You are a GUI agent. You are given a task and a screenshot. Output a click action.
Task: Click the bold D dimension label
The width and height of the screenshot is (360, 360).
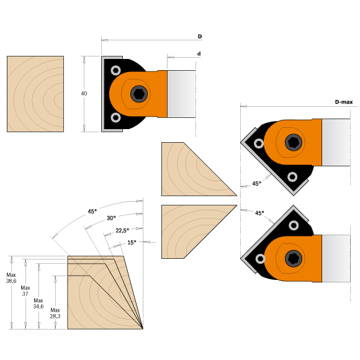(200, 37)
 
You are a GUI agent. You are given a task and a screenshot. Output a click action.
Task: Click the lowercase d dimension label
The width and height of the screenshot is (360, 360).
(199, 54)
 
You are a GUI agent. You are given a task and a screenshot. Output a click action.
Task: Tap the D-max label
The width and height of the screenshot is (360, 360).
(344, 102)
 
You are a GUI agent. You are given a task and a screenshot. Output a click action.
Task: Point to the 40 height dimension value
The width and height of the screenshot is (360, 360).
(84, 94)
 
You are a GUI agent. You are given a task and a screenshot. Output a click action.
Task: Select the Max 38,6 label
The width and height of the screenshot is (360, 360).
(11, 278)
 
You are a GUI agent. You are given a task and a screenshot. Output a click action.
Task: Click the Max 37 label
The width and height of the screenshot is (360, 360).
(25, 290)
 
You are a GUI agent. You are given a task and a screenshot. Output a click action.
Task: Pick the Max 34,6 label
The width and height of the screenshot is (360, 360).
(38, 304)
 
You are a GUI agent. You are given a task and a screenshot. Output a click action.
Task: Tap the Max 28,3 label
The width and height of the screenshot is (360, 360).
(55, 313)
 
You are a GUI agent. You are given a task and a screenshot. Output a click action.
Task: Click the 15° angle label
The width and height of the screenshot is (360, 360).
(132, 243)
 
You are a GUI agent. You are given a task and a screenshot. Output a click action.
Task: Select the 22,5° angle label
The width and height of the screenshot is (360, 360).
(122, 230)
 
